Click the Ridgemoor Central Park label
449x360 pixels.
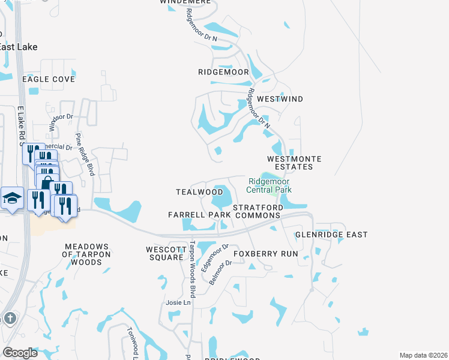tap(269, 185)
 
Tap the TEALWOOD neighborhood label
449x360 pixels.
tap(199, 192)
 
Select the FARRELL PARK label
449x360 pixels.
tap(199, 214)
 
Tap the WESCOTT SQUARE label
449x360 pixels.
tap(164, 253)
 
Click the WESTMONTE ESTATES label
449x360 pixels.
tap(294, 163)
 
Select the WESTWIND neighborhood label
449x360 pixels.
tap(280, 98)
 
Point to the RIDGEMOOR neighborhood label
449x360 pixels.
tap(223, 72)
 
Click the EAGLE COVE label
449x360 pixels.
tap(49, 79)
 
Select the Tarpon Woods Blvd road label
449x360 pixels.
tap(193, 269)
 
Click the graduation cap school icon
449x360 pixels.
tap(11, 199)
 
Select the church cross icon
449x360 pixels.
tap(10, 318)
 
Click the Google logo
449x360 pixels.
tap(20, 353)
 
